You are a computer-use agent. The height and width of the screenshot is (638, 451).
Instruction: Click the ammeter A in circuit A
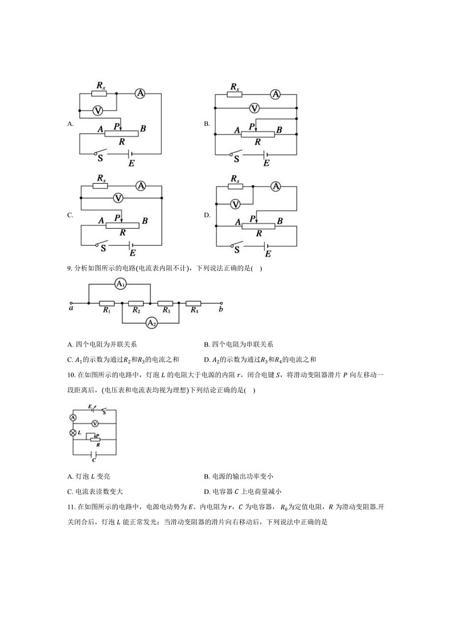(x=140, y=93)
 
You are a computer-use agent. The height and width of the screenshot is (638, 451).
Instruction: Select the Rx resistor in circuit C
(x=101, y=186)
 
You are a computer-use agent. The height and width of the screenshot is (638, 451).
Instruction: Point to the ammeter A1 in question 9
(x=120, y=283)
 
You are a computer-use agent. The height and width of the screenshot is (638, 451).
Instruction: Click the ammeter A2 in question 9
(x=151, y=323)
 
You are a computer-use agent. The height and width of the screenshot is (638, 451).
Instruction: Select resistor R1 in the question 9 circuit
(x=106, y=303)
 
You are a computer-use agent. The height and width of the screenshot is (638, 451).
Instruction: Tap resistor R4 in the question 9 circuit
(x=194, y=303)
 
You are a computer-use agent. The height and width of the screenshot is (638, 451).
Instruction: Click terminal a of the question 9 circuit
(x=71, y=303)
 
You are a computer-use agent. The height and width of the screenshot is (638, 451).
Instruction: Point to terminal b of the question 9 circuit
(x=222, y=303)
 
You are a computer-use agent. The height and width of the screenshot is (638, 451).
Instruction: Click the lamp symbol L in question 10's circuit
(x=73, y=433)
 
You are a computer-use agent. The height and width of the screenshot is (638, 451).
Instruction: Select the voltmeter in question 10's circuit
(x=95, y=423)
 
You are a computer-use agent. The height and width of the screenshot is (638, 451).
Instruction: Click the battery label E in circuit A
(x=132, y=164)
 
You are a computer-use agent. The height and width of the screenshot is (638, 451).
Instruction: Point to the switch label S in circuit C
(x=103, y=248)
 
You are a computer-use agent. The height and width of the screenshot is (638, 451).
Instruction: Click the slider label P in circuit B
(x=252, y=126)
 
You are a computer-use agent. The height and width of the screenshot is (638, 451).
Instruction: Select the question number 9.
(x=69, y=269)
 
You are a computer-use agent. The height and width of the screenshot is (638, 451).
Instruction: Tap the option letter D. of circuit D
(x=207, y=215)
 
